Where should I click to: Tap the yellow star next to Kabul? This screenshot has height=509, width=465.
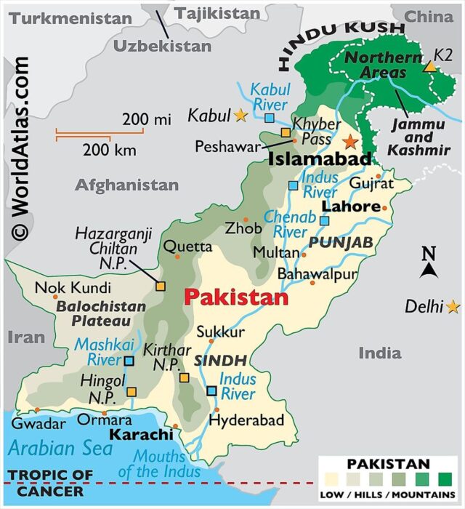pyautogui.click(x=240, y=115)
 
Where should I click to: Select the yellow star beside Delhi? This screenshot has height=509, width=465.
pyautogui.click(x=453, y=307)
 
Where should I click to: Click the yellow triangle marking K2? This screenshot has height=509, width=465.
pyautogui.click(x=430, y=67)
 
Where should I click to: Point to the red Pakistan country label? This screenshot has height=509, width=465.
pyautogui.click(x=235, y=297)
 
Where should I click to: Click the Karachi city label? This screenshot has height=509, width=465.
pyautogui.click(x=141, y=435)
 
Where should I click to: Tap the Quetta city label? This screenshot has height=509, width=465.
pyautogui.click(x=187, y=247)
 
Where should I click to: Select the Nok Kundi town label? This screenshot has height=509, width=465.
pyautogui.click(x=63, y=287)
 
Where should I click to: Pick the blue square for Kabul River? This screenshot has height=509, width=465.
pyautogui.click(x=270, y=118)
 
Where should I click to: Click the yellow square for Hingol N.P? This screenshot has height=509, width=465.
pyautogui.click(x=131, y=392)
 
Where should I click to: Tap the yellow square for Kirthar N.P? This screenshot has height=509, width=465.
pyautogui.click(x=185, y=377)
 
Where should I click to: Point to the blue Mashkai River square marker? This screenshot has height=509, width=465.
pyautogui.click(x=129, y=361)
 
